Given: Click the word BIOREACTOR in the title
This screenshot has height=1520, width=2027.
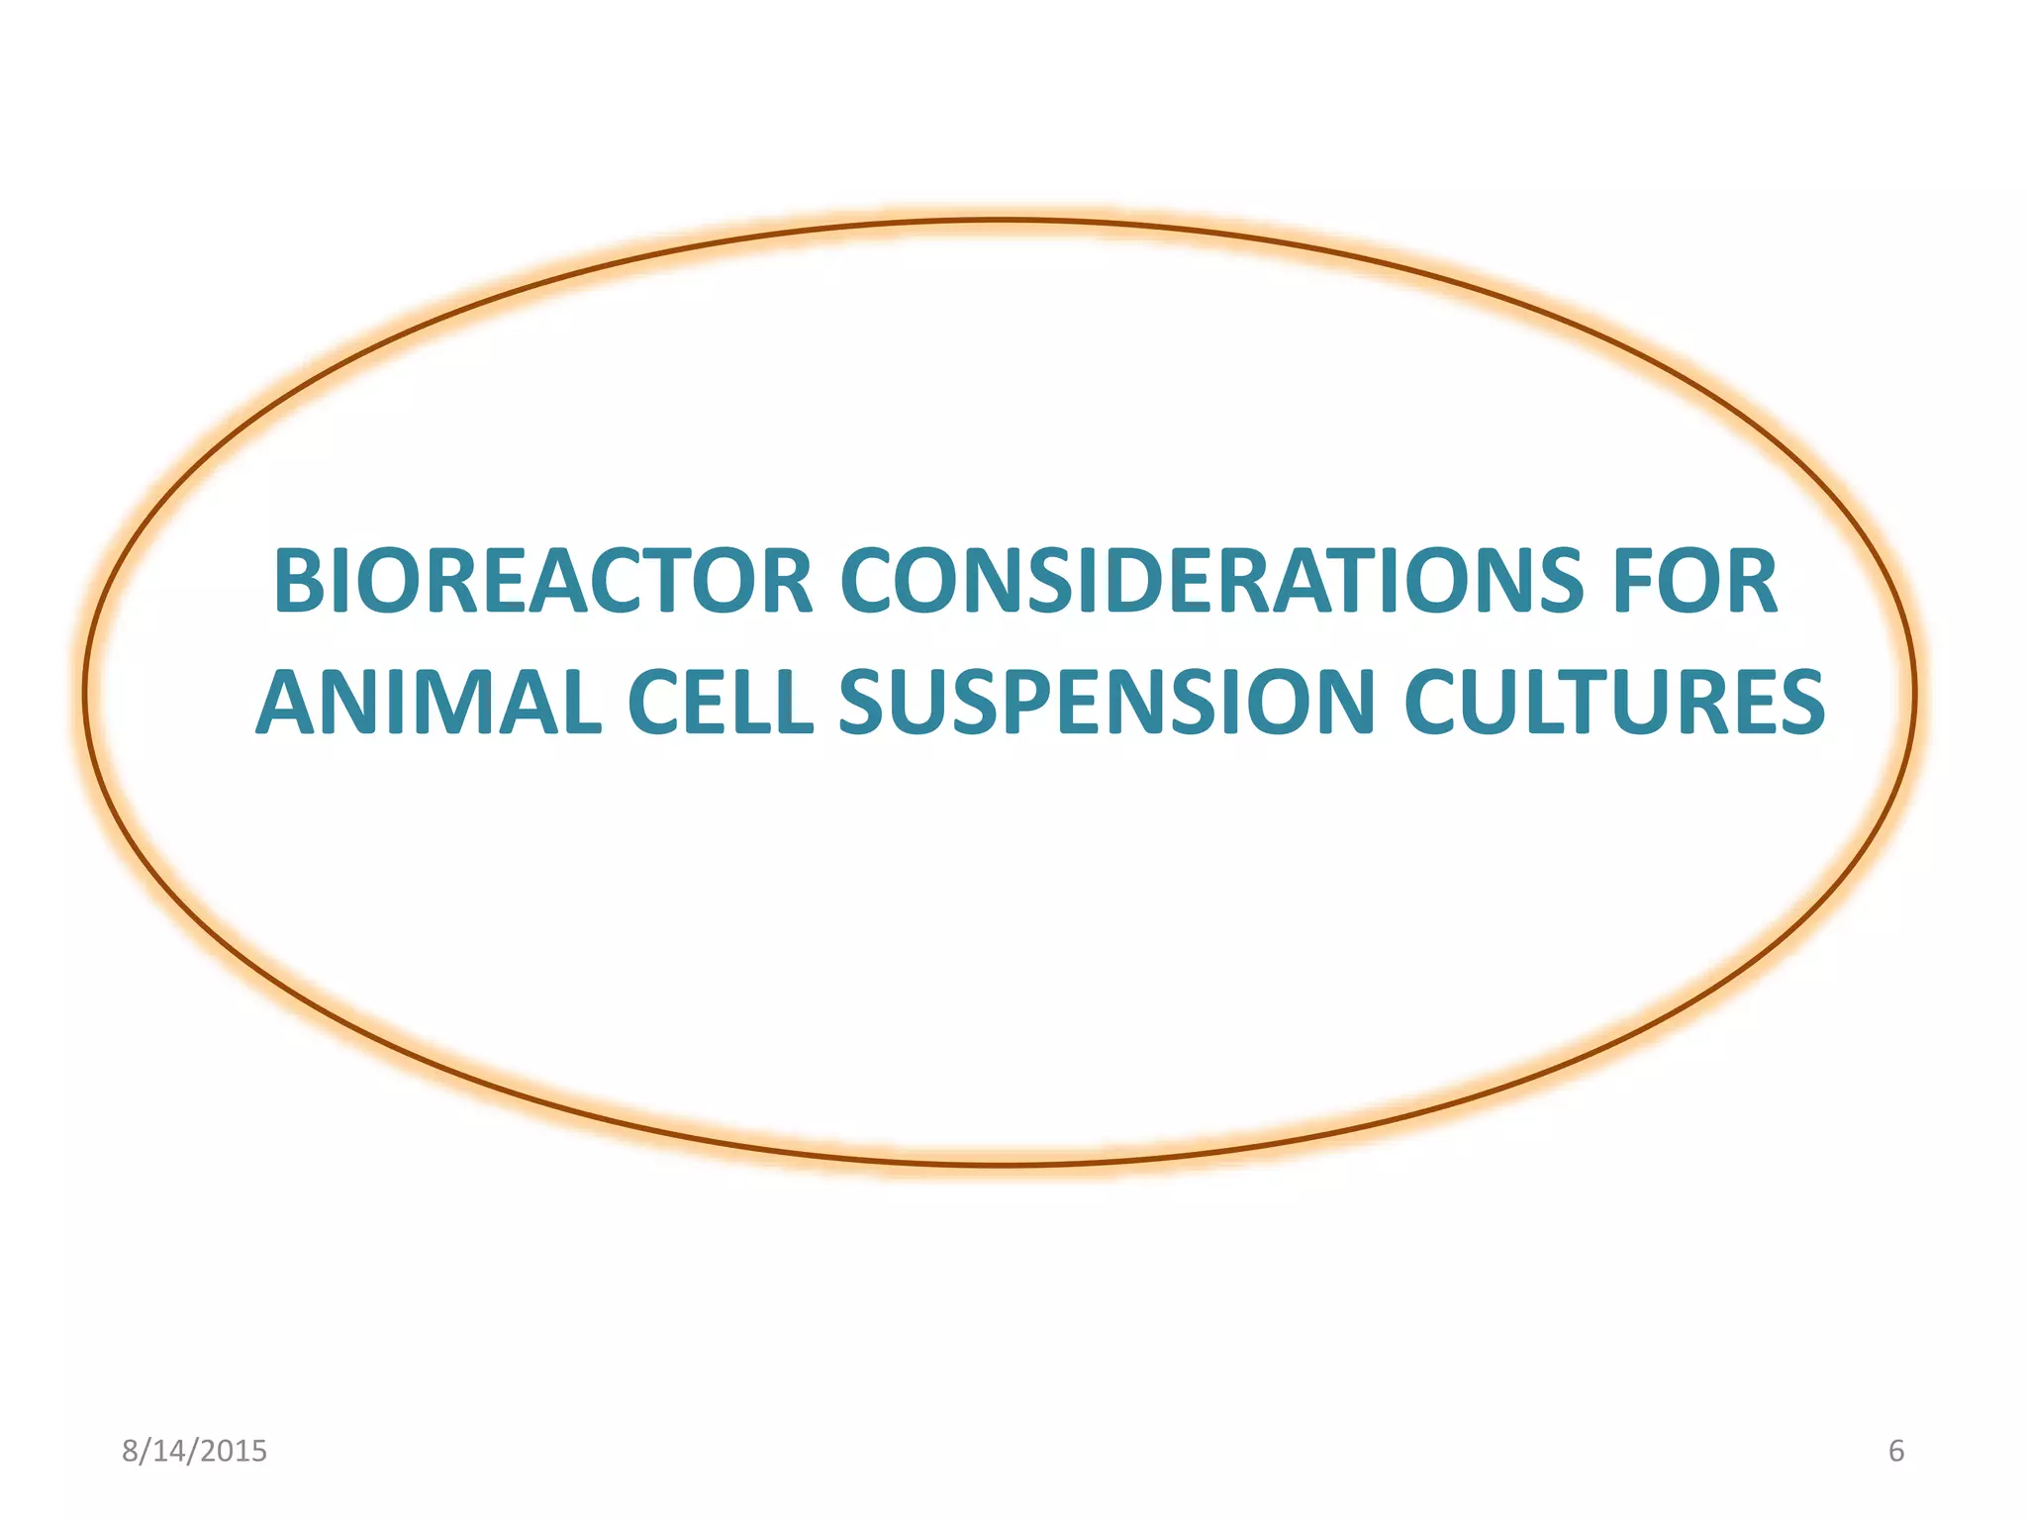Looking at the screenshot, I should [x=542, y=582].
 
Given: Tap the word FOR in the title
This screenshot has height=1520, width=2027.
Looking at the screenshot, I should [x=1695, y=582].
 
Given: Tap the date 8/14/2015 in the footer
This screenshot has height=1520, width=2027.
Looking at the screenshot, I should [x=194, y=1451].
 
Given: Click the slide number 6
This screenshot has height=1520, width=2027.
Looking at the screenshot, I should [x=1895, y=1451].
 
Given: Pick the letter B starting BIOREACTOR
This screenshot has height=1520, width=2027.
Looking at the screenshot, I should [x=300, y=582].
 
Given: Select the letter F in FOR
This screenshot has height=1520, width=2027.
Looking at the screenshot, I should [x=1636, y=582].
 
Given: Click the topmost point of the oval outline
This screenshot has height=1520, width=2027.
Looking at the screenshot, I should [x=1000, y=220].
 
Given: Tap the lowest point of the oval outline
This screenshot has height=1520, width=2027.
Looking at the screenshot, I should [x=1000, y=1166].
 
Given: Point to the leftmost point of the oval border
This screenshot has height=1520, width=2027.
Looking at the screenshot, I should [x=85, y=693].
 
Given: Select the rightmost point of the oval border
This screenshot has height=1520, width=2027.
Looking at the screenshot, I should [x=1916, y=693].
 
